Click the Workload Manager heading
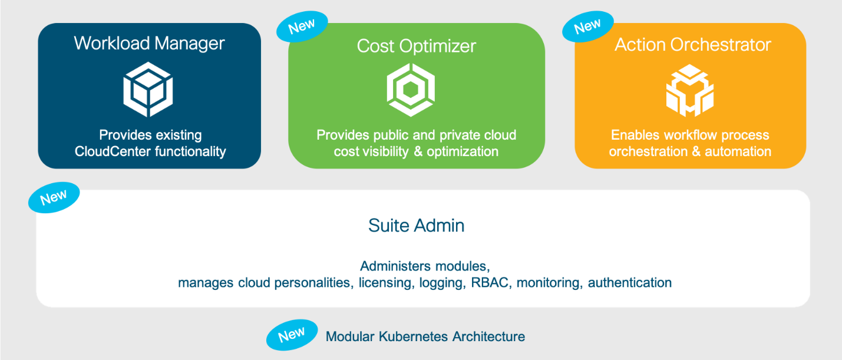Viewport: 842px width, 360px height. click(149, 43)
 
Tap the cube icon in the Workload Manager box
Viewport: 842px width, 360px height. click(148, 90)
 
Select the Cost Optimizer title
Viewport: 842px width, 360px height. click(416, 46)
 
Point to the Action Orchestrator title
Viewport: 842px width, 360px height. click(692, 45)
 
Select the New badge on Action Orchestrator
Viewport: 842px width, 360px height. click(587, 27)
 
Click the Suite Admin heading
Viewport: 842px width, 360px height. click(416, 225)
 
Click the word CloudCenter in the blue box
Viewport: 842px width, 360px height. click(111, 151)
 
